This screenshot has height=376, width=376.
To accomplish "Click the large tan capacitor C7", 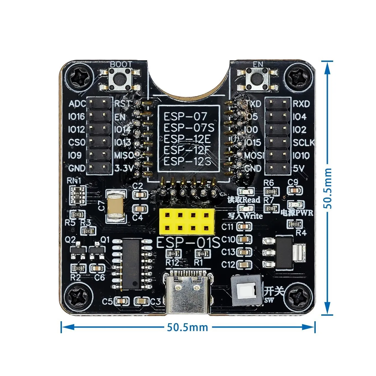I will click(116, 206).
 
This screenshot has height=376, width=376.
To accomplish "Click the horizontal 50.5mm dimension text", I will click(187, 327).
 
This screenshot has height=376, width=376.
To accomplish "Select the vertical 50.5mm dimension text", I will click(328, 188).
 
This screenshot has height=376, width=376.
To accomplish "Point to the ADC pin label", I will click(77, 104).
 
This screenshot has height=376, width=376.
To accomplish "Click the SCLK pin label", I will click(304, 142).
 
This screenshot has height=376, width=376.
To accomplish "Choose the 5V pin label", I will click(299, 168).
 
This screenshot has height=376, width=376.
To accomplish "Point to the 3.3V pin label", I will click(124, 168).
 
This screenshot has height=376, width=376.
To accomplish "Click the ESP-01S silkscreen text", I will click(188, 242).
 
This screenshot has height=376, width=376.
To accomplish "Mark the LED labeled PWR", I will click(294, 205).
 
